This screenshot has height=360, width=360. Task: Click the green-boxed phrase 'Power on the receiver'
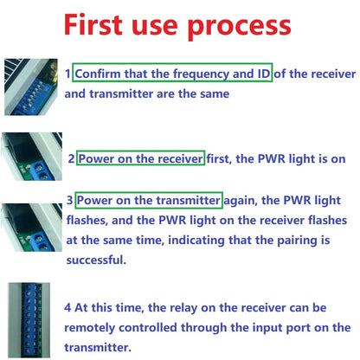click(140, 158)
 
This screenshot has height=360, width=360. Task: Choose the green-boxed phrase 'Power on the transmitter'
click(148, 201)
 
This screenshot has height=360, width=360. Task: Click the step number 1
click(68, 74)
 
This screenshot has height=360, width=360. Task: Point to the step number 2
click(71, 159)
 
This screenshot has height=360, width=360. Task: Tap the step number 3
click(69, 202)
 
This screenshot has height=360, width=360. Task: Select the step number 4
click(67, 306)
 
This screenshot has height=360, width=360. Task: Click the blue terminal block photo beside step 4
click(29, 320)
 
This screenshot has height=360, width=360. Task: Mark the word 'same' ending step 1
click(212, 93)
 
